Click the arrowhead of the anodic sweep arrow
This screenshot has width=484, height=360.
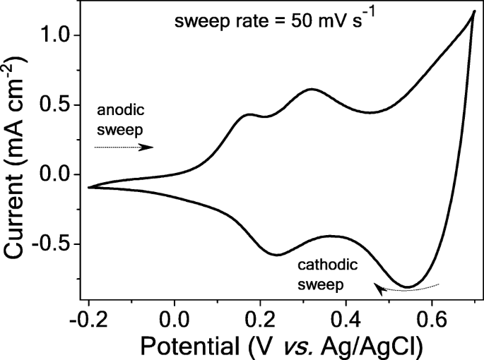148,148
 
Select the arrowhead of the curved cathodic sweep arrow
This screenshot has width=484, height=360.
379,289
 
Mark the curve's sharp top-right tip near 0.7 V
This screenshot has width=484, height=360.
473,11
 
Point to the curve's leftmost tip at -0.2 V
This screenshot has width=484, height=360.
89,187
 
